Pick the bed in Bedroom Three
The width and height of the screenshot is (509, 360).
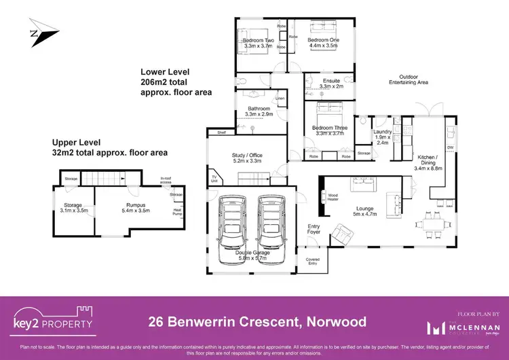point(328,111)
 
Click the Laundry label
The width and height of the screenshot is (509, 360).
point(382,137)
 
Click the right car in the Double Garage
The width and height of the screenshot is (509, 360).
point(270,226)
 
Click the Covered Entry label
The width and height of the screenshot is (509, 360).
point(312,262)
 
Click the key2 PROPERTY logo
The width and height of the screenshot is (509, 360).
point(54,321)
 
